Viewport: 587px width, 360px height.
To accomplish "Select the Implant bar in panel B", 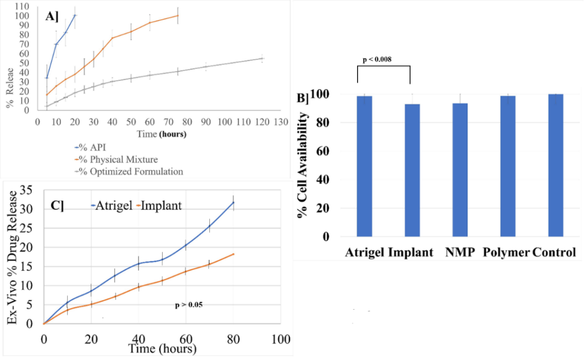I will [412, 170].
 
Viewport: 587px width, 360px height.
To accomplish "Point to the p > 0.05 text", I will [188, 305].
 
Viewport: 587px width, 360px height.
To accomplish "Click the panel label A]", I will [52, 16].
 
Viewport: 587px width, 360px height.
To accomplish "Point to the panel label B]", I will [303, 99].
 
